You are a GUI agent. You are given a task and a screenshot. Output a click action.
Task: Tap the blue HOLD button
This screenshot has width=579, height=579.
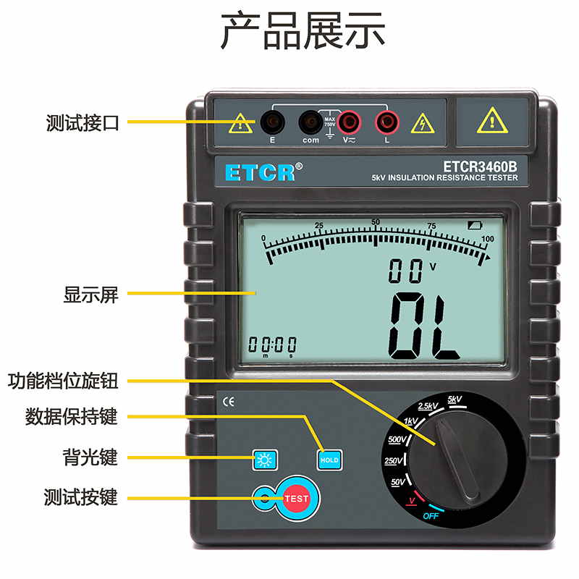coord(329,460)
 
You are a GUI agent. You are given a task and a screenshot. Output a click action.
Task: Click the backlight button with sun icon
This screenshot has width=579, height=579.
coord(265,460)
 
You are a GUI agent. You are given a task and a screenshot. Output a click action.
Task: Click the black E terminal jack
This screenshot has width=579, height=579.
coord(273,122)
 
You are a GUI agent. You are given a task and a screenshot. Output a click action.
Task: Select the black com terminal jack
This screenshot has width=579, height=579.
coord(311,122)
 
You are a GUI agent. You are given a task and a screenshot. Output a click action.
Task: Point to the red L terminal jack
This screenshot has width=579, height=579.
coord(387,122)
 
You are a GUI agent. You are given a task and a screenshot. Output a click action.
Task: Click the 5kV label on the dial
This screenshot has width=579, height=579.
coord(455,400)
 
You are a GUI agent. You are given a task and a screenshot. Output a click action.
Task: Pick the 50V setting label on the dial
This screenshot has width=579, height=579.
coord(397,482)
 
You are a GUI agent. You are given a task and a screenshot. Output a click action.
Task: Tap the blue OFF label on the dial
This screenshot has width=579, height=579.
coord(431,516)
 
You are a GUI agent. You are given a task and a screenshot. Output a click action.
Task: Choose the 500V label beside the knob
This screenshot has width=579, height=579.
coord(397,439)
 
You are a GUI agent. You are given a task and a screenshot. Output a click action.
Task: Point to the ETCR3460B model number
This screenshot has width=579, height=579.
coord(480,166)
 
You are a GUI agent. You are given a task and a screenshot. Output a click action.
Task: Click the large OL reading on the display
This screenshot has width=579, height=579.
coord(424,326)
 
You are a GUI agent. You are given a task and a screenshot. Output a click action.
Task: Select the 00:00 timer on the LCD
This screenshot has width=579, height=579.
coord(273,345)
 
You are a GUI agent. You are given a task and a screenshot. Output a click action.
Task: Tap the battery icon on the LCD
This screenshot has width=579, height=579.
coord(475,225)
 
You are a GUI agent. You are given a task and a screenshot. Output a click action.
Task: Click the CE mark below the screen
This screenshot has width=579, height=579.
coord(229,402)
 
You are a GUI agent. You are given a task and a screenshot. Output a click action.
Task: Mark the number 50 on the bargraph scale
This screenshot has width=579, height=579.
coord(376,222)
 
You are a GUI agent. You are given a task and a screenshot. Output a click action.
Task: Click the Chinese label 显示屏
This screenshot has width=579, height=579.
coord(91,295)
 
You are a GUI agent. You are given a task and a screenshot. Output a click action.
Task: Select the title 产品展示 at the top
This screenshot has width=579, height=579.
coord(303,30)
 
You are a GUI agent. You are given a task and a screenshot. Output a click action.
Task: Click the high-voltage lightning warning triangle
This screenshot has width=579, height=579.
coord(423,123)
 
